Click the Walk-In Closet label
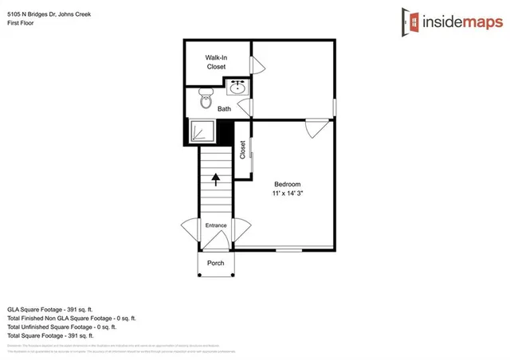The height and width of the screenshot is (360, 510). (x=216, y=62)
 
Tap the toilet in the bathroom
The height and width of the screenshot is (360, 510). (x=206, y=101)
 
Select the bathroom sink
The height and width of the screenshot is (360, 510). (x=237, y=86)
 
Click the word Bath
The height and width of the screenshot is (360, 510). (x=225, y=109)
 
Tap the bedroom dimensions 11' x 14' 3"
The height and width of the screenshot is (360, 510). (x=288, y=194)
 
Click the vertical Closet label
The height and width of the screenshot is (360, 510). (x=243, y=150)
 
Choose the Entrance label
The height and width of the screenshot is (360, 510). (x=216, y=225)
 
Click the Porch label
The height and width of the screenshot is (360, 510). (x=215, y=263)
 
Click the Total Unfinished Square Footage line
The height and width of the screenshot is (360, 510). (x=61, y=326)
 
